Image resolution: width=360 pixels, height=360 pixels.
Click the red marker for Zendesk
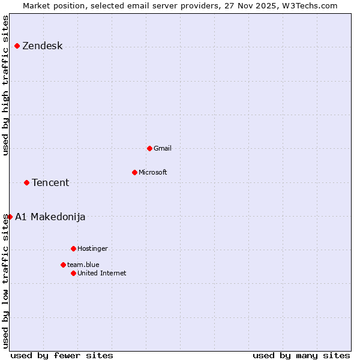point(17,46)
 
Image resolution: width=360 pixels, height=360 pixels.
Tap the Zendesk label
point(42,46)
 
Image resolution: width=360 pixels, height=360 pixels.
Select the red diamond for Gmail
point(149,148)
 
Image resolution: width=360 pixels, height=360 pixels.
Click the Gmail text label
point(162,148)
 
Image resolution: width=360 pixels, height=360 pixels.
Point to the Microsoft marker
point(134,172)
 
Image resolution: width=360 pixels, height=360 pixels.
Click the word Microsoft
point(152,172)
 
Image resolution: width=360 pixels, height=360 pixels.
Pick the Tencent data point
point(26,182)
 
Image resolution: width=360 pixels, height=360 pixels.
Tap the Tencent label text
point(50,182)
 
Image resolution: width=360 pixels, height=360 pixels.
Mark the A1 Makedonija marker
point(10,217)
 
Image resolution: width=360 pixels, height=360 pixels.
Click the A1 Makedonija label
point(50,217)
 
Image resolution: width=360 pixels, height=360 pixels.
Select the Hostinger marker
point(73,248)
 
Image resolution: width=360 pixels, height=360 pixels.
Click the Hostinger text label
point(92,248)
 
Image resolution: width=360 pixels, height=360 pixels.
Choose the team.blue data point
point(63,265)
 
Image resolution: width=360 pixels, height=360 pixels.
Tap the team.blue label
point(83,265)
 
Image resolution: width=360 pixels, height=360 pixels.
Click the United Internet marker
point(73,273)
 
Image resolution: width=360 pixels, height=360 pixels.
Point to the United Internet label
point(101,273)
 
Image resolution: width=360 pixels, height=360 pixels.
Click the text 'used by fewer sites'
point(62,355)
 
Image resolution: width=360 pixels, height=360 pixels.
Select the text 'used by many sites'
point(301,355)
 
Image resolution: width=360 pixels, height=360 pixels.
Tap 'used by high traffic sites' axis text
point(5,85)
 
